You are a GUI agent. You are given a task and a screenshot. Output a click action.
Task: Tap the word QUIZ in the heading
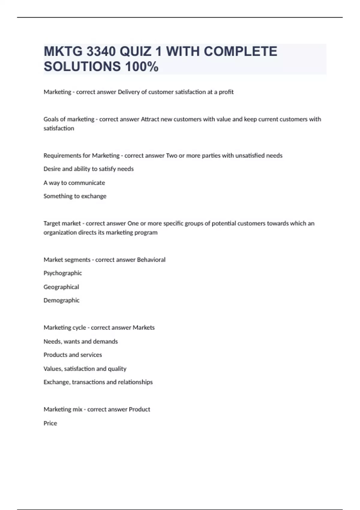(x=135, y=52)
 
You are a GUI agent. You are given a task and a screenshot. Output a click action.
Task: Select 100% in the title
(x=142, y=67)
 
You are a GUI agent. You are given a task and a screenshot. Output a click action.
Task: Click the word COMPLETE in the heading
(x=240, y=52)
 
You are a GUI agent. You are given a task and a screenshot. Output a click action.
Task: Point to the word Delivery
(x=128, y=92)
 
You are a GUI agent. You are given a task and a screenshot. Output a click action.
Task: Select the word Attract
(x=150, y=119)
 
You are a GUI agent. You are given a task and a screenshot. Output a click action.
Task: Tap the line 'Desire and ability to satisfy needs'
(x=88, y=169)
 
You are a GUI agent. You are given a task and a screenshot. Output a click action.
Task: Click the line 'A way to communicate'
(x=74, y=183)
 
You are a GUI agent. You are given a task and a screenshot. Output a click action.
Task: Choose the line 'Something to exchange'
(x=75, y=196)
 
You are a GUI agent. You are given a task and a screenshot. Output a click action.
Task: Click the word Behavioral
(x=151, y=260)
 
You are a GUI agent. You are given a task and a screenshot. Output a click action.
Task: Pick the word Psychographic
(x=63, y=273)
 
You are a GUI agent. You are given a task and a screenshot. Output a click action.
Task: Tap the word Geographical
(x=61, y=287)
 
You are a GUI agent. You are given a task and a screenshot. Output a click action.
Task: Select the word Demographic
(x=61, y=300)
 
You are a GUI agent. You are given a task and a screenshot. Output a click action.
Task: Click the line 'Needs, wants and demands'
(x=81, y=341)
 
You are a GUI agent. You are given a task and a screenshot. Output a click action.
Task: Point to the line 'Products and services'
(x=73, y=355)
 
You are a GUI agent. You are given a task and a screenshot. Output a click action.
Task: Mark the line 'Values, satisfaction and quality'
(x=85, y=369)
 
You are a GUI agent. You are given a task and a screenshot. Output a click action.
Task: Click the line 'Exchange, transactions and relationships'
(x=98, y=382)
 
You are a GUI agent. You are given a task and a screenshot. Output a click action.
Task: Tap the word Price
(x=50, y=423)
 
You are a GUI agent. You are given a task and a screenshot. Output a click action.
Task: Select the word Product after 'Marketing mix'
(x=139, y=409)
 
